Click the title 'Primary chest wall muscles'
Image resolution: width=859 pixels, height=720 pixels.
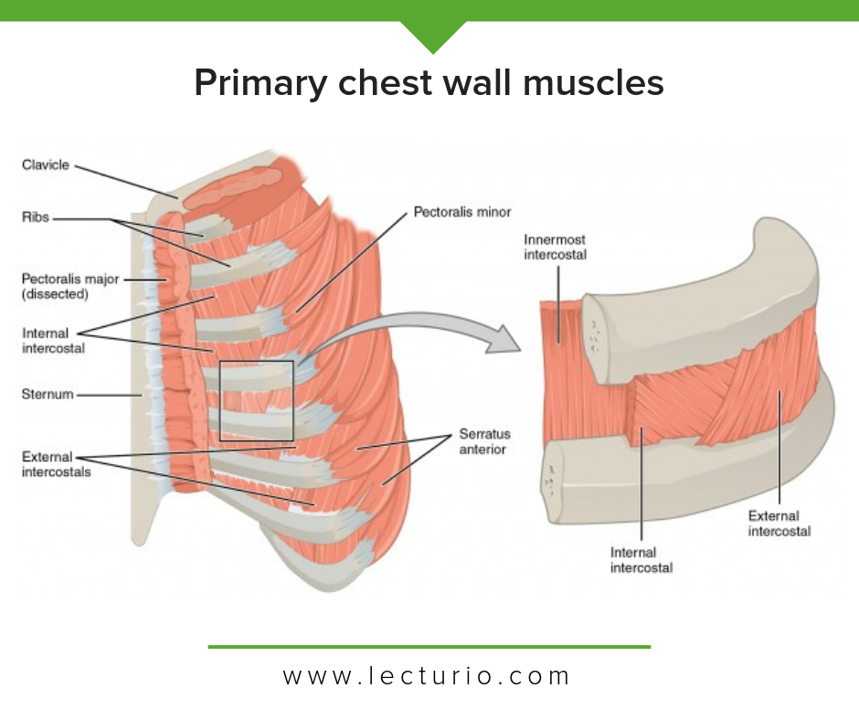(x=429, y=83)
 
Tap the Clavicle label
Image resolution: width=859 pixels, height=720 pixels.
(x=46, y=165)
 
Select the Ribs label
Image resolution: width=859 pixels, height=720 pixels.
(x=35, y=217)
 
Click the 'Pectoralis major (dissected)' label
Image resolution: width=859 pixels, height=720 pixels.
(x=70, y=286)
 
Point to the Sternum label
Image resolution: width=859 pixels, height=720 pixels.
(x=48, y=394)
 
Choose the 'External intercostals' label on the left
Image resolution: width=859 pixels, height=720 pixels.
(x=56, y=464)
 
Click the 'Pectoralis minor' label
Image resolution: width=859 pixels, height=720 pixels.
(x=462, y=212)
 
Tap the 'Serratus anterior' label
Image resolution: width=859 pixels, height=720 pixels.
(x=484, y=441)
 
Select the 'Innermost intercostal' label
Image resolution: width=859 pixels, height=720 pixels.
(x=555, y=247)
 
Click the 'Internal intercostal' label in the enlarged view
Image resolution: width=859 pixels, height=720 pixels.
(x=642, y=560)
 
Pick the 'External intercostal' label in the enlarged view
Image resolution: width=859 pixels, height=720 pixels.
(x=779, y=524)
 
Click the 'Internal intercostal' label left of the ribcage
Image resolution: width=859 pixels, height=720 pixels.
(x=53, y=341)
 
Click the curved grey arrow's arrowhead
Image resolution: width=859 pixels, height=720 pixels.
(x=504, y=339)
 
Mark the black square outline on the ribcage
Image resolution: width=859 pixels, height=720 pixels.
(x=219, y=401)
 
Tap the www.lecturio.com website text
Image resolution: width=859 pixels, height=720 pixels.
(x=427, y=676)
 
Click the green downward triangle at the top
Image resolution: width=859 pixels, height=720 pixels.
(x=433, y=35)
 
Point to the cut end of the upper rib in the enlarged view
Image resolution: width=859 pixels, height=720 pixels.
(x=595, y=337)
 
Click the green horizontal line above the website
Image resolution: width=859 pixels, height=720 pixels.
(x=429, y=647)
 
